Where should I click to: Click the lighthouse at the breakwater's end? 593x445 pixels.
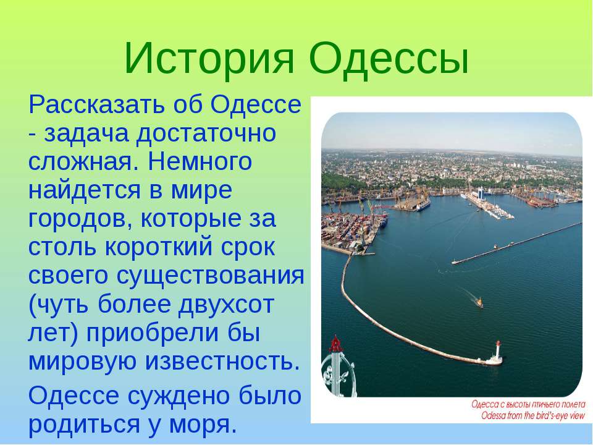pos(497,350)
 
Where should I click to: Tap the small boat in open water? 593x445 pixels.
pos(479,302)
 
